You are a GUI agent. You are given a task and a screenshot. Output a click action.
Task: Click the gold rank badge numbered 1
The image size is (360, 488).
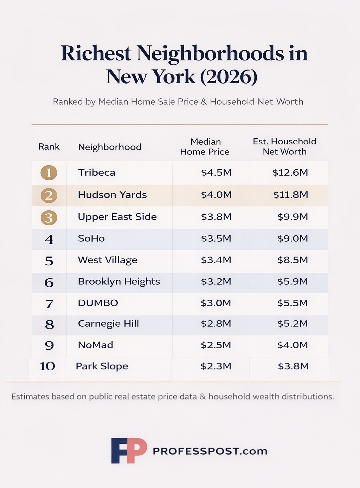click(x=49, y=173)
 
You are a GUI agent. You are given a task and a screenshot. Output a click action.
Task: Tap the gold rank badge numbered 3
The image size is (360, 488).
click(x=49, y=218)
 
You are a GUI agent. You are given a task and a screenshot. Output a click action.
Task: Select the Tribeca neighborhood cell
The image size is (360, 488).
click(x=97, y=173)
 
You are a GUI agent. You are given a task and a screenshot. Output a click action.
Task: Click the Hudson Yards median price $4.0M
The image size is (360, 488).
click(x=216, y=195)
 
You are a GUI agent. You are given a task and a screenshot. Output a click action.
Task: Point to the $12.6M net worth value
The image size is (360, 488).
click(x=290, y=173)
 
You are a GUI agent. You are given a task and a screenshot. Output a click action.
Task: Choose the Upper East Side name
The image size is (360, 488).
click(x=117, y=217)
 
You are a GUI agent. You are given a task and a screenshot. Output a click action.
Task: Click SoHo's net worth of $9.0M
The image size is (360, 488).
click(x=292, y=239)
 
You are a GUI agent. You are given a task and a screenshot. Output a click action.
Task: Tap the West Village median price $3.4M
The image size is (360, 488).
click(x=216, y=260)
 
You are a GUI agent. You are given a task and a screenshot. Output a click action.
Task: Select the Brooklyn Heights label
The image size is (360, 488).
click(x=119, y=282)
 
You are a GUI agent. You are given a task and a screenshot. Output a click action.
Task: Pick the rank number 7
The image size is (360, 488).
click(x=49, y=304)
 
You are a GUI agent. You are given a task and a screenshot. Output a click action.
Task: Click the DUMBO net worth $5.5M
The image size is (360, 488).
click(x=292, y=303)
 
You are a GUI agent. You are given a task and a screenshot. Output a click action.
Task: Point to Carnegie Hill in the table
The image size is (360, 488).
click(x=108, y=324)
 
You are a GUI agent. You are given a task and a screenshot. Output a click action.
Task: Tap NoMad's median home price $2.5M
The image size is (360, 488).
click(x=216, y=345)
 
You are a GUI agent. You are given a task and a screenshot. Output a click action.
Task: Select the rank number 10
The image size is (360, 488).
click(x=47, y=366)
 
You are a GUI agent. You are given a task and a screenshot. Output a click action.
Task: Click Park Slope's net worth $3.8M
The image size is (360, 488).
click(x=293, y=366)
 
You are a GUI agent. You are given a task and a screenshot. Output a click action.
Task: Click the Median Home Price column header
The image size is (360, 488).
click(x=205, y=147)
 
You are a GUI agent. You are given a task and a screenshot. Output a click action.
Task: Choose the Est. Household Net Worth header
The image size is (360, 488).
click(x=284, y=146)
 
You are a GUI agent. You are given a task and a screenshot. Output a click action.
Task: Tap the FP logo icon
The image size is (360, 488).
click(x=129, y=450)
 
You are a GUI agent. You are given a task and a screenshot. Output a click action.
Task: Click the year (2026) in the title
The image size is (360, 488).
click(x=229, y=77)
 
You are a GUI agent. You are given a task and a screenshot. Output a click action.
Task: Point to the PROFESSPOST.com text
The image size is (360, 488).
click(x=210, y=451)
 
